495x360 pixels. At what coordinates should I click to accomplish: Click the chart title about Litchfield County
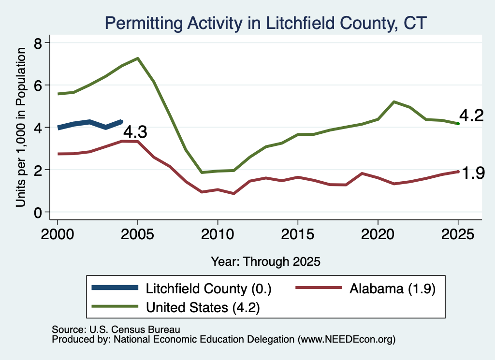pos(265,23)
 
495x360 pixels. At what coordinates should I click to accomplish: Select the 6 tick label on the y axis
pos(38,85)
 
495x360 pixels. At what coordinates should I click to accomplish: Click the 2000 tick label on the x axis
pos(58,234)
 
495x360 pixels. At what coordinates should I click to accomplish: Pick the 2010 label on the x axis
pos(218,234)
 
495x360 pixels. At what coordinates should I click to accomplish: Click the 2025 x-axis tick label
pos(458,234)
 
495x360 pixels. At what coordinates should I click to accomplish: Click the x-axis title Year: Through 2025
pos(265,261)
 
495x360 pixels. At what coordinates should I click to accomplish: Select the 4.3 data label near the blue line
pos(135,131)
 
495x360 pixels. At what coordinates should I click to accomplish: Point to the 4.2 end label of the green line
pos(471,115)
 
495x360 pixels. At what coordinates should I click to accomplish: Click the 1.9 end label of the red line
pos(473,173)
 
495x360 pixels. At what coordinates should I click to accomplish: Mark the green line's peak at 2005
pos(138,58)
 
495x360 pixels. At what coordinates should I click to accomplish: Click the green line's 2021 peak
pos(394,101)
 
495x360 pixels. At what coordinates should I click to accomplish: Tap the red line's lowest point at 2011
pos(233,193)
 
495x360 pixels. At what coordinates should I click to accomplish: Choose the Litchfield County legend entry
pos(182,288)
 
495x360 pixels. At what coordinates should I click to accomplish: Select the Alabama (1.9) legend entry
pos(365,288)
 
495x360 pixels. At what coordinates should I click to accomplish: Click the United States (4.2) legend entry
pos(175,307)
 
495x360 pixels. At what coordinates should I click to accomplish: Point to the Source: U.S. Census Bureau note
pos(116,330)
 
